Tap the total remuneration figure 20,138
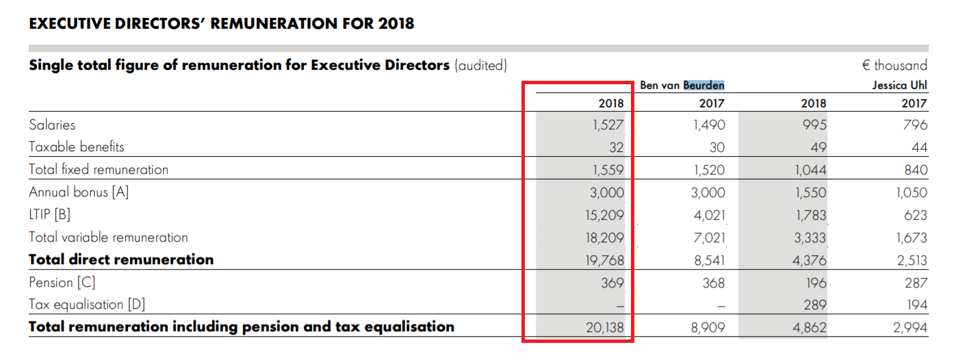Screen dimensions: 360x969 604,328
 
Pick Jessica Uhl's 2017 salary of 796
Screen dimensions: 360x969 915,125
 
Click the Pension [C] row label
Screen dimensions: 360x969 62,283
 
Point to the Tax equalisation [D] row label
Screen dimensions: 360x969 87,305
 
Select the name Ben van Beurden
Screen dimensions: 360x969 682,86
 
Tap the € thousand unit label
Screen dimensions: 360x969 894,66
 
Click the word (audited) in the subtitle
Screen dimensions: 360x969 480,66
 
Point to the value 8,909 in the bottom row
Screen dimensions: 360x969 708,328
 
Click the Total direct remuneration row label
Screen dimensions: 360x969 121,259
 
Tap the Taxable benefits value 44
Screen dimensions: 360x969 919,147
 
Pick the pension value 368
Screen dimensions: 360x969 712,283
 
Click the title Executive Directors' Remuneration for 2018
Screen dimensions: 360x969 222,24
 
